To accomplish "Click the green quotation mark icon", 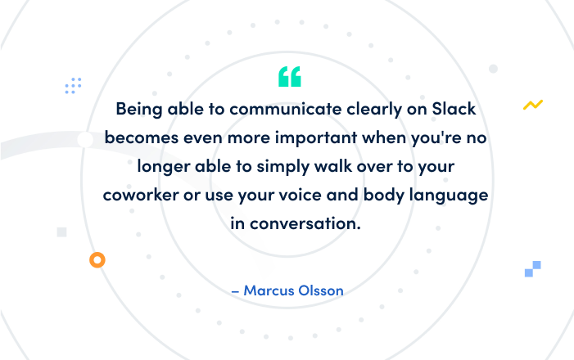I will tap(289, 76).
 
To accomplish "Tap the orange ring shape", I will tap(97, 260).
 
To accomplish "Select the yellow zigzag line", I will tap(533, 105).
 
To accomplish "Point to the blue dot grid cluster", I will tap(74, 85).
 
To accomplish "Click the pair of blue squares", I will tap(533, 268).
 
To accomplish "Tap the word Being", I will tap(138, 109).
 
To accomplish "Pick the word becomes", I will tap(138, 137).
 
